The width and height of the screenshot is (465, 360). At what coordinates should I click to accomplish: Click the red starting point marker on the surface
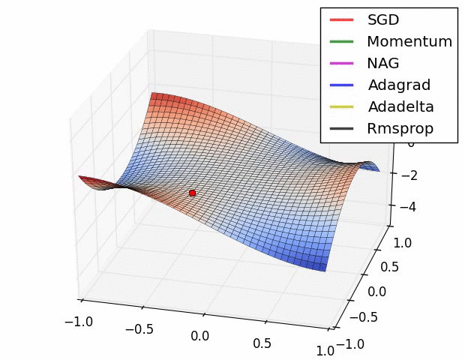[x=192, y=193]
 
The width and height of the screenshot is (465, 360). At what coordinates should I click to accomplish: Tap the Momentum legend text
[x=409, y=41]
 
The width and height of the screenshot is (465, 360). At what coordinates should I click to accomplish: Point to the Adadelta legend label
[x=400, y=106]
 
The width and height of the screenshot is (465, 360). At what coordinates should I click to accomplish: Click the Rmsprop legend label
[x=400, y=128]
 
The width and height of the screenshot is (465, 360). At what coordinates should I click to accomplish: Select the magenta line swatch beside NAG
[x=341, y=64]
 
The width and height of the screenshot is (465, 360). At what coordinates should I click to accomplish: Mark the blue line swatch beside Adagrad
[x=341, y=85]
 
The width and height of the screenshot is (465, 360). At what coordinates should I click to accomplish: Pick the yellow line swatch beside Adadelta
[x=341, y=107]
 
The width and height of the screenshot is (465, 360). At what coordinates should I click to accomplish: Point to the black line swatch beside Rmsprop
[x=341, y=129]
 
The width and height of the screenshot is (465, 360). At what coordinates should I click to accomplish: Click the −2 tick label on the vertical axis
[x=408, y=175]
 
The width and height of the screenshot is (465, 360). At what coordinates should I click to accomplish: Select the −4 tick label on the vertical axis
[x=408, y=208]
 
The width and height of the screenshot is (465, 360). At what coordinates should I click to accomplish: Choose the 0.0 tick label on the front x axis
[x=199, y=335]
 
